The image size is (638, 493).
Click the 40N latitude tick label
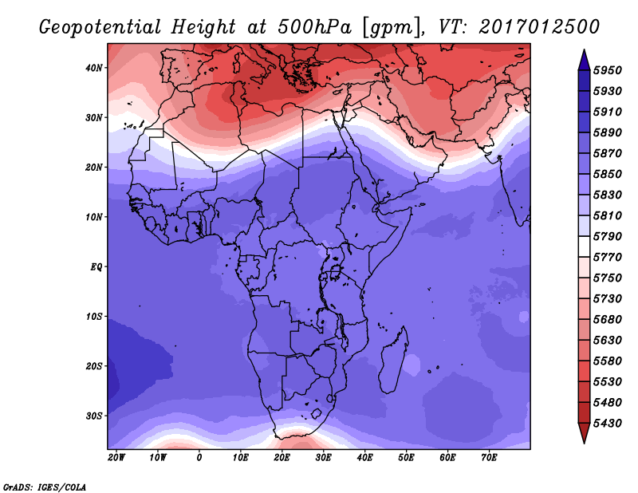click(x=93, y=68)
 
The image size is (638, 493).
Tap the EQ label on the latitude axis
click(x=96, y=267)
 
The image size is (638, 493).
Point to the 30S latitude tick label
click(x=93, y=416)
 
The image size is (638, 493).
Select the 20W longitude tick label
click(x=116, y=458)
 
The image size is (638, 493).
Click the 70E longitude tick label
click(x=489, y=458)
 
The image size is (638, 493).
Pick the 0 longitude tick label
click(x=199, y=458)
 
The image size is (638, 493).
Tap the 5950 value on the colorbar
click(x=608, y=70)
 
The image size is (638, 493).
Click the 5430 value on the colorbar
click(x=608, y=424)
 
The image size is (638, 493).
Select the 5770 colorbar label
click(x=608, y=258)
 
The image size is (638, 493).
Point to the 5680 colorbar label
click(x=608, y=320)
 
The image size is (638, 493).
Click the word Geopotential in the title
click(x=100, y=28)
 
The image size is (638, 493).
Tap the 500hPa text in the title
click(x=314, y=27)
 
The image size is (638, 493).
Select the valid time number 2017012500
click(x=539, y=27)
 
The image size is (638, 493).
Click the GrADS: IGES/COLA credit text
click(x=45, y=487)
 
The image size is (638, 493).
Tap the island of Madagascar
click(x=392, y=361)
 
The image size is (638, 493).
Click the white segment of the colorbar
click(x=585, y=246)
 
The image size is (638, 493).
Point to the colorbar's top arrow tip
click(x=585, y=49)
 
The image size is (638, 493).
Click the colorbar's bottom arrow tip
click(x=585, y=444)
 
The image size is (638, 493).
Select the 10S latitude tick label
click(x=93, y=317)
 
